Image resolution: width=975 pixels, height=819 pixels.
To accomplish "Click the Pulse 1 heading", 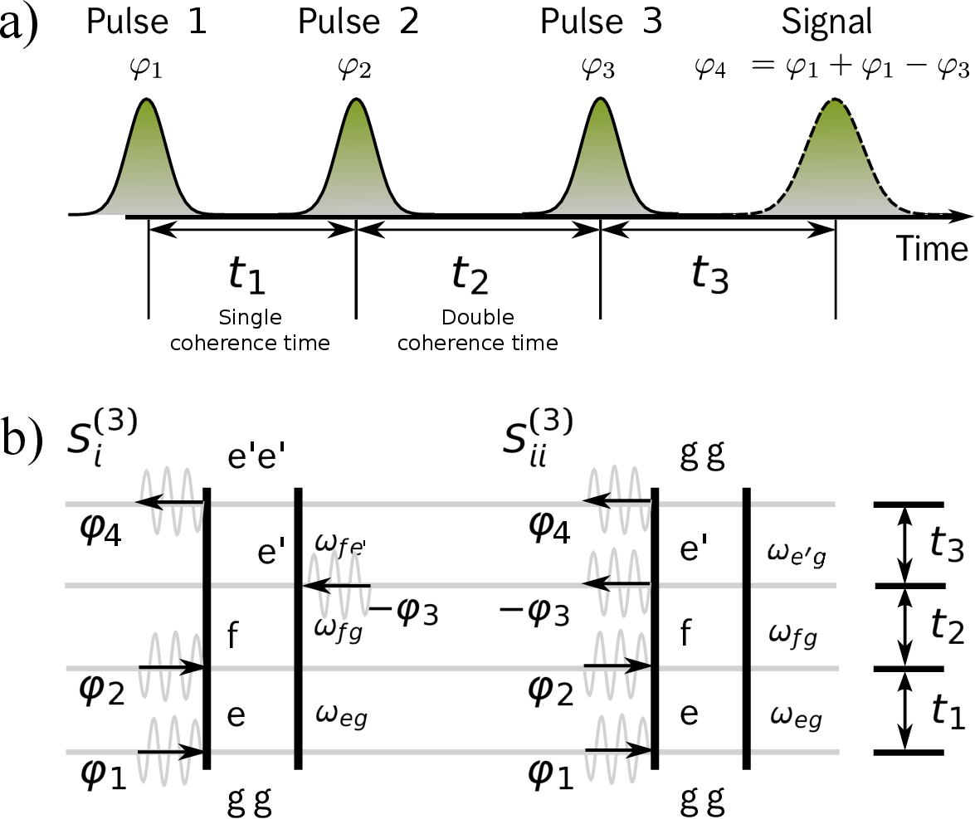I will [146, 22].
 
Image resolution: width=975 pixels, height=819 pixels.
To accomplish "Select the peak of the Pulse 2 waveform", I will [357, 101].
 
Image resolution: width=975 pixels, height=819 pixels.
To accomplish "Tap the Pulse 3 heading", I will [601, 22].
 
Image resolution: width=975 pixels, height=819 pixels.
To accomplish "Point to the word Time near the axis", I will [931, 248].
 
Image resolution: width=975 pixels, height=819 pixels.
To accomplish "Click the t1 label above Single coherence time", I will [246, 275].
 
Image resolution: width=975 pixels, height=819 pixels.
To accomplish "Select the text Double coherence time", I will [477, 330].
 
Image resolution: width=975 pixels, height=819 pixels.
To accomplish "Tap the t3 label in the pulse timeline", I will [710, 275].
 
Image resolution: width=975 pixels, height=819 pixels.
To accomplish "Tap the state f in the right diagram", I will [686, 634].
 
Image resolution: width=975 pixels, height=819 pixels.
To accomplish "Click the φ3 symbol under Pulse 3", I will [597, 68].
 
